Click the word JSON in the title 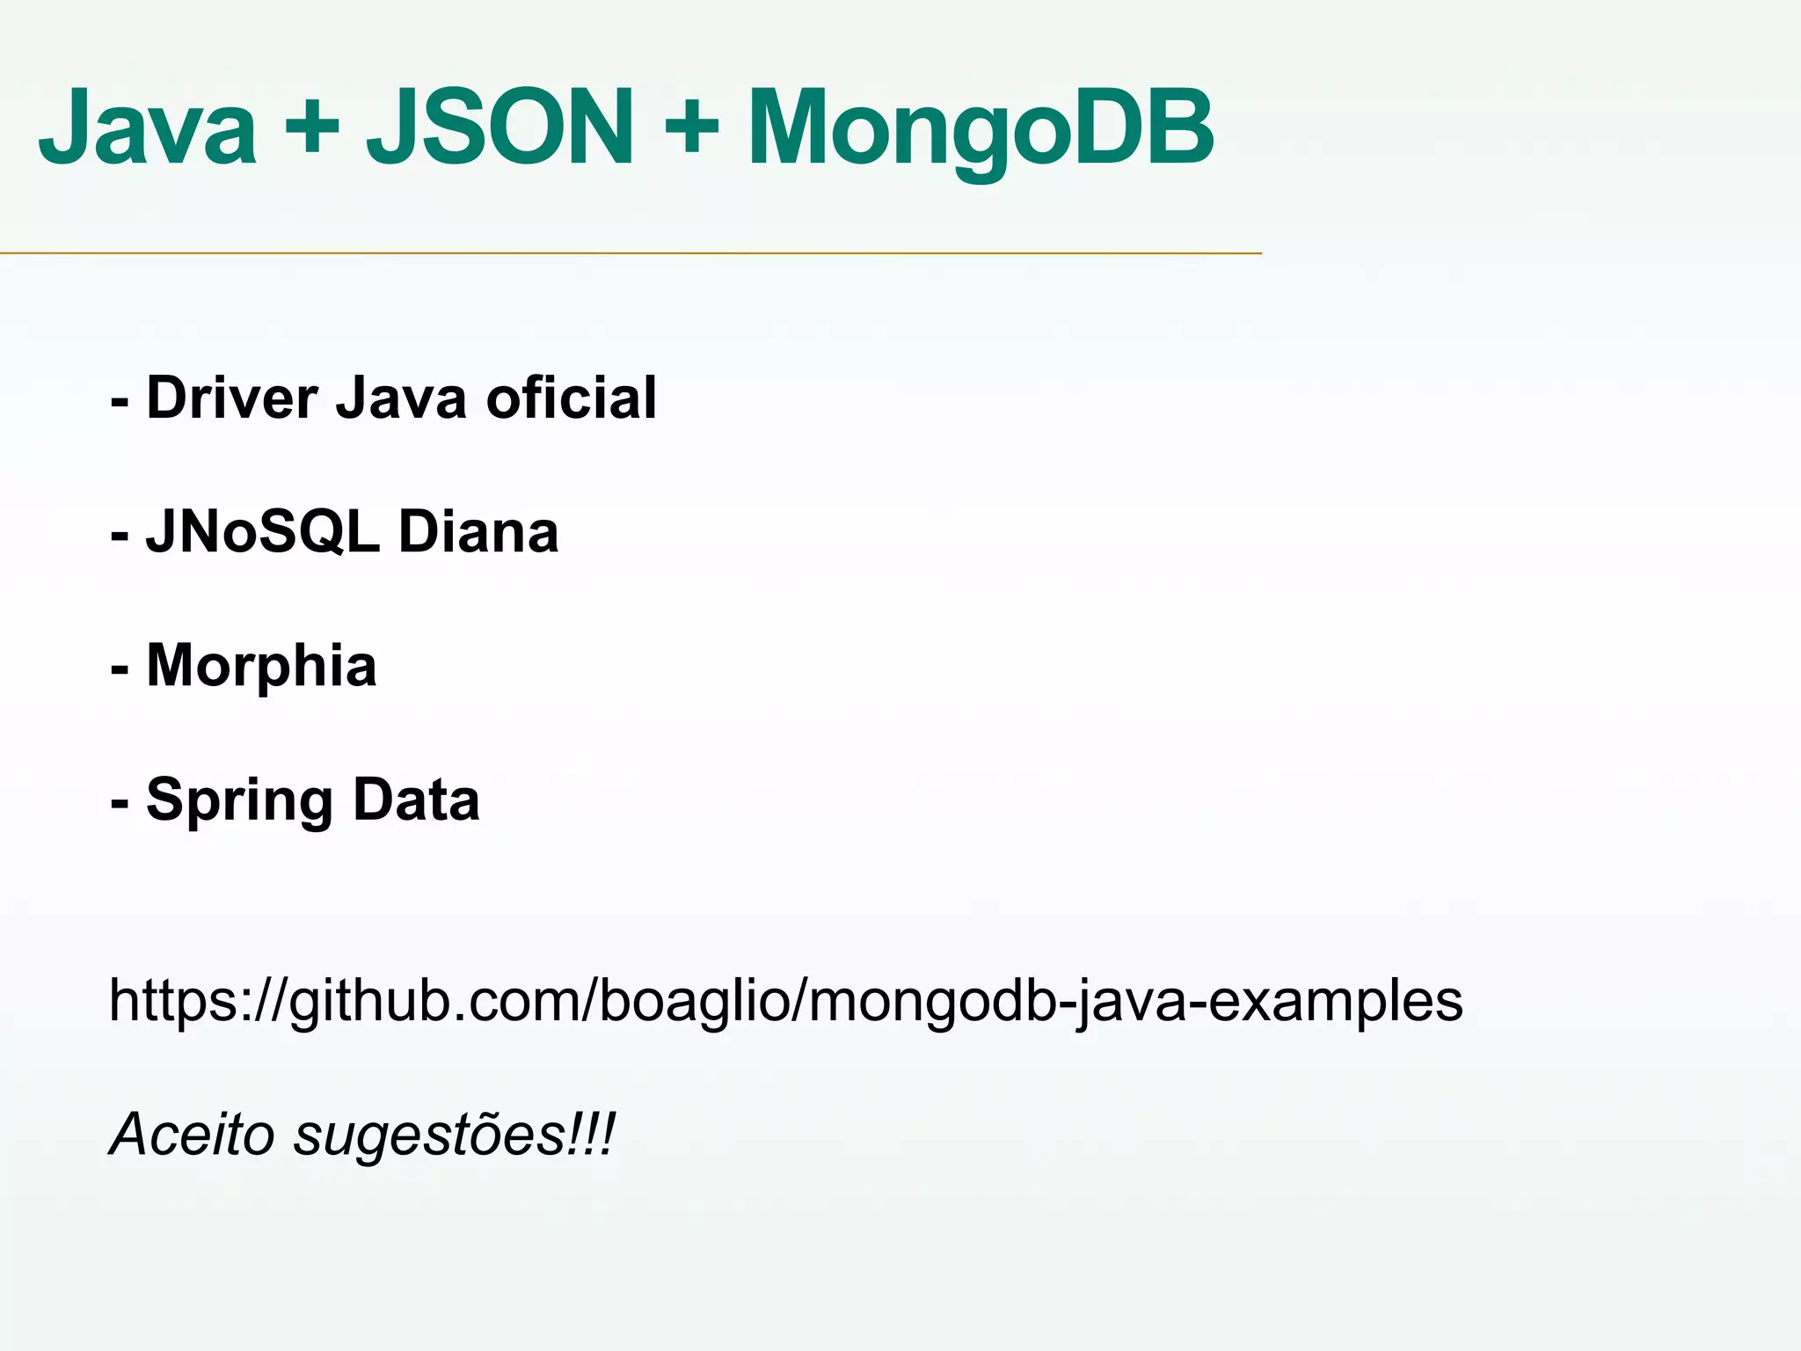pos(499,128)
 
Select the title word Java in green pos(148,128)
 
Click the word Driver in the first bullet pos(232,398)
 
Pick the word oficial pos(572,398)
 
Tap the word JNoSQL pos(263,532)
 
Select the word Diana pos(478,532)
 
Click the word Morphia pos(261,666)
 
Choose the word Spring pos(239,801)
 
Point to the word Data pos(416,800)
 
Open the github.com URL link pos(785,1002)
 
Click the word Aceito pos(192,1134)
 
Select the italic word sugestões pos(429,1136)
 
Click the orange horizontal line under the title pos(631,253)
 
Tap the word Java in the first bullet pos(401,398)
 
